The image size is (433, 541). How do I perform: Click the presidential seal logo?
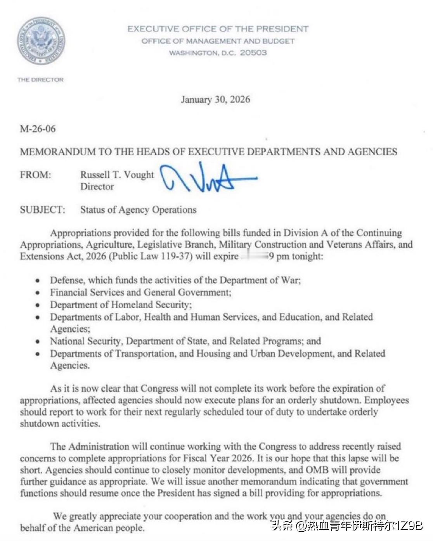[41, 41]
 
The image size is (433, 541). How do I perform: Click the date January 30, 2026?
[215, 100]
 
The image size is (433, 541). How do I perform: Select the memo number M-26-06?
[38, 129]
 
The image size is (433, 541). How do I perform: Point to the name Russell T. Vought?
[117, 175]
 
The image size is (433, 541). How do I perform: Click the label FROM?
[35, 175]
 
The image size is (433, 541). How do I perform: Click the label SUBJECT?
[43, 210]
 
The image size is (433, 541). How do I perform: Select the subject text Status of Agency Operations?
[138, 210]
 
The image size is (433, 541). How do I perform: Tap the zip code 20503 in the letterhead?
[253, 53]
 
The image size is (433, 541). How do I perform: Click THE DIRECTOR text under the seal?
[40, 80]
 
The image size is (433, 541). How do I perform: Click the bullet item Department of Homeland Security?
[121, 305]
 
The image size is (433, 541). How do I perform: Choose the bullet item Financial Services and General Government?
[140, 293]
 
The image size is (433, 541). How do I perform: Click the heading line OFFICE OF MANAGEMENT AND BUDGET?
[218, 41]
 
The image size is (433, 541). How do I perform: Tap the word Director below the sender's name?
[97, 187]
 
